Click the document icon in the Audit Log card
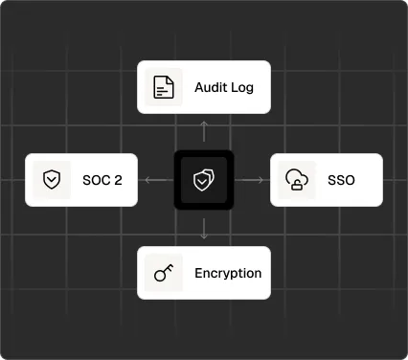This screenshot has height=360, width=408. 164,87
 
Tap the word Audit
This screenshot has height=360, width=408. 210,88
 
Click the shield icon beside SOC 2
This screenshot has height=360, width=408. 52,180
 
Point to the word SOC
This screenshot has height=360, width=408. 95,180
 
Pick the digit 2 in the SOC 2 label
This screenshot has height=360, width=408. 118,180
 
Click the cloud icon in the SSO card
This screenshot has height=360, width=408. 297,179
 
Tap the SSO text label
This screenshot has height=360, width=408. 341,180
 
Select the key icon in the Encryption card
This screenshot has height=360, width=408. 164,273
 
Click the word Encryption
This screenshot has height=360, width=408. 228,273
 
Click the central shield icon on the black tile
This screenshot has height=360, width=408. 204,180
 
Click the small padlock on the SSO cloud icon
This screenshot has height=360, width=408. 298,185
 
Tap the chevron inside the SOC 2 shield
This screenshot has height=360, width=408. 52,180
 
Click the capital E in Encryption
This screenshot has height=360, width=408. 199,273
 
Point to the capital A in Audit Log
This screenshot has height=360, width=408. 199,88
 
